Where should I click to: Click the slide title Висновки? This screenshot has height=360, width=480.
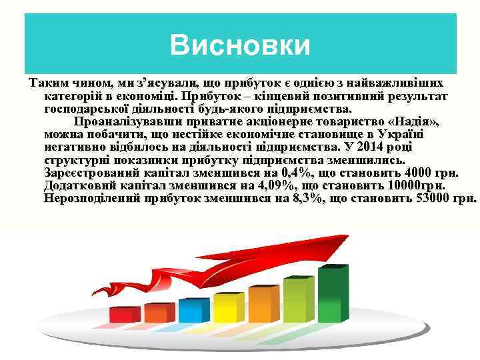pyautogui.click(x=240, y=46)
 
